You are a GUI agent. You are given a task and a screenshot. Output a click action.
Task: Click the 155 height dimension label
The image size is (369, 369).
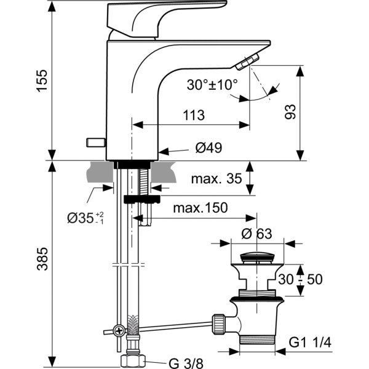tap(42, 81)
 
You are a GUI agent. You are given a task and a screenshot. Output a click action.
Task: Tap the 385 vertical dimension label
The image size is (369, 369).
tap(42, 259)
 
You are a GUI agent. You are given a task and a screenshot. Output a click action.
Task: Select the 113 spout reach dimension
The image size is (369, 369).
tap(194, 115)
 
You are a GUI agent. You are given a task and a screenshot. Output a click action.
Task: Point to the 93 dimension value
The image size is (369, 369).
tap(290, 112)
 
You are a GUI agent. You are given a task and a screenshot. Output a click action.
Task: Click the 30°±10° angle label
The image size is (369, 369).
tap(212, 85)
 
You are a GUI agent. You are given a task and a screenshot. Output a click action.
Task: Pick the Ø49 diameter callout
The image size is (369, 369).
tap(208, 148)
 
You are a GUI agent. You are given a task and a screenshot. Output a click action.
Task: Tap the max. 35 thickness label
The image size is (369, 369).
tap(216, 178)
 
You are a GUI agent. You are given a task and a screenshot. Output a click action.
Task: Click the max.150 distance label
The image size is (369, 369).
tap(200, 208)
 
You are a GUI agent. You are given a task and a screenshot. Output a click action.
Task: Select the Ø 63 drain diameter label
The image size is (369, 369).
tap(256, 234)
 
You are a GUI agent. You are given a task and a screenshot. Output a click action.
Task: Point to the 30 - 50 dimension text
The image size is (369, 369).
tap(300, 279)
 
